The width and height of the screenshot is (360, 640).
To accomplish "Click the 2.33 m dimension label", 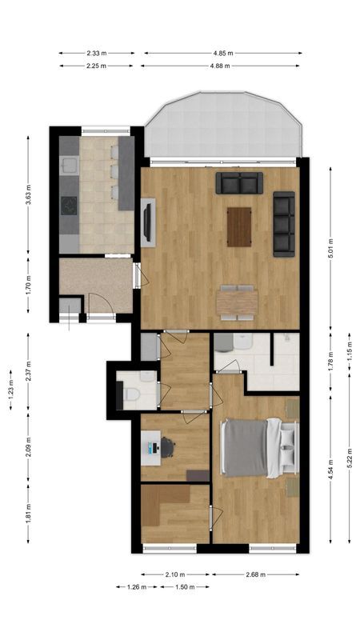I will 98,54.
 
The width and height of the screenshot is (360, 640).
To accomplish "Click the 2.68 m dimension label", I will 255,574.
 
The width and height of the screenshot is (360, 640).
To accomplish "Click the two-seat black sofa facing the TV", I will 239,183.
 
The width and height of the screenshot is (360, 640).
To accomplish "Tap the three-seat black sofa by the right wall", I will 283,224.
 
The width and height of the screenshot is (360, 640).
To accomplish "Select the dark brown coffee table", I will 239,226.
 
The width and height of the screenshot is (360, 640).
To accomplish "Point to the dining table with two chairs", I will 237,302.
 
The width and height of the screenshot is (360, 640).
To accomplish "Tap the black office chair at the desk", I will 167,446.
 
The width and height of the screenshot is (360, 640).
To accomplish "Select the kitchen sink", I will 68,166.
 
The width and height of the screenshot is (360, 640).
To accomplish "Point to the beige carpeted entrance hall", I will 96,284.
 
